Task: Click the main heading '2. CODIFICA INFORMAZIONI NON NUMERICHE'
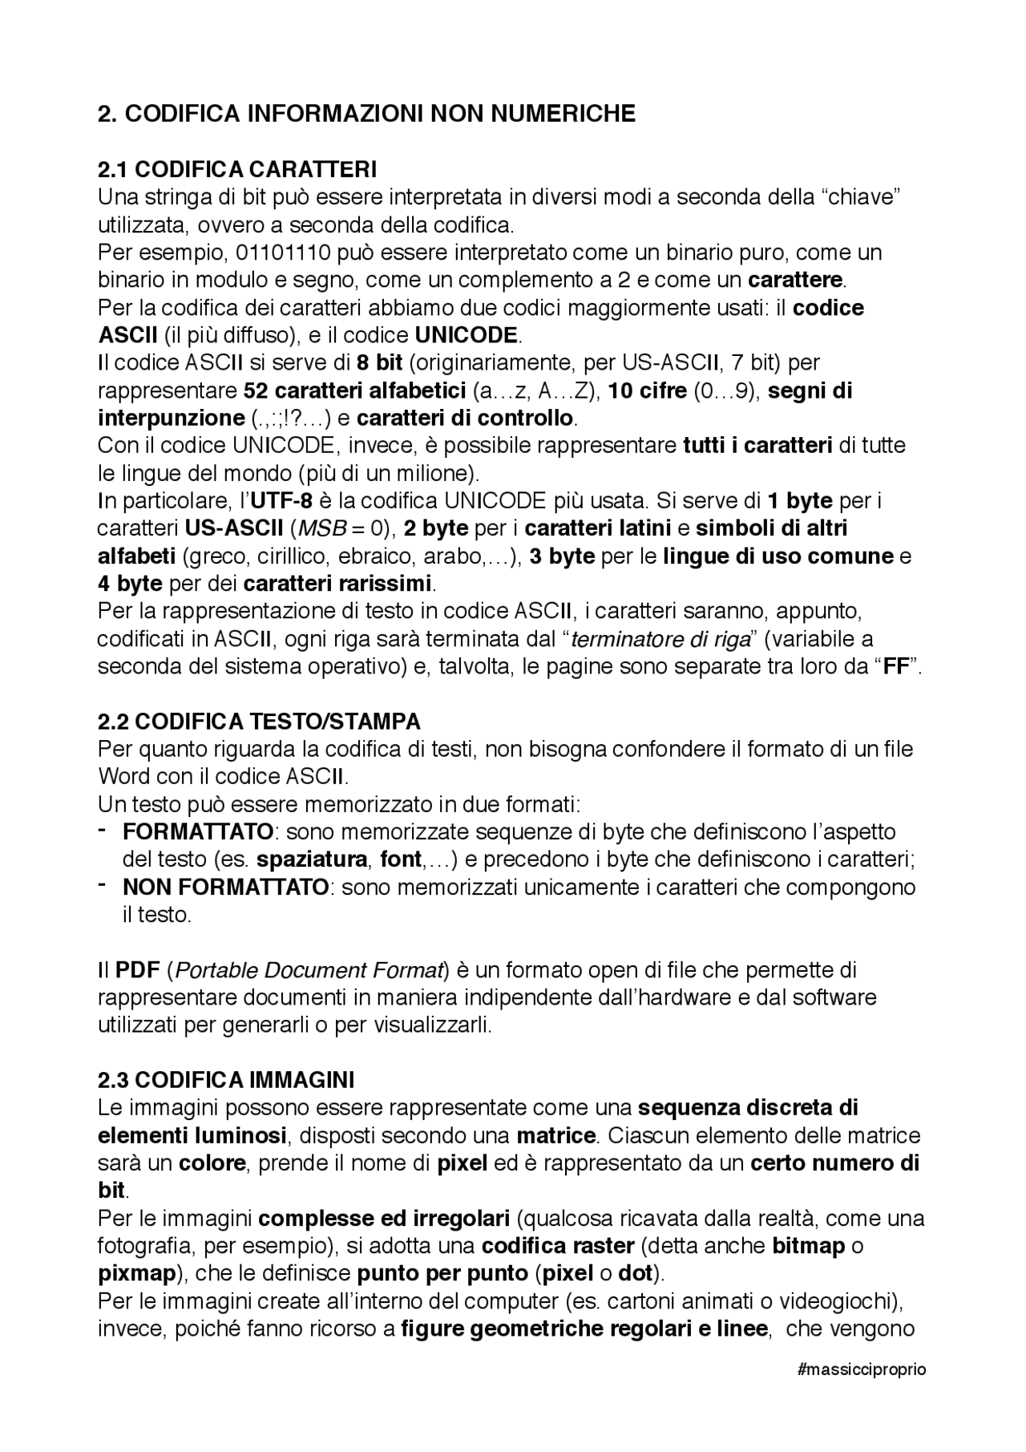pyautogui.click(x=366, y=114)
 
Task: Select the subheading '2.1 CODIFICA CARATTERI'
pyautogui.click(x=237, y=170)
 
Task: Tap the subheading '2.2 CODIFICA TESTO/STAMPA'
pyautogui.click(x=259, y=722)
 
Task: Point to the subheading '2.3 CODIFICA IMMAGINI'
pyautogui.click(x=226, y=1080)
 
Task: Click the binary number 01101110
pyautogui.click(x=283, y=253)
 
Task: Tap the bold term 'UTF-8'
pyautogui.click(x=281, y=501)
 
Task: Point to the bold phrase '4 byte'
pyautogui.click(x=130, y=584)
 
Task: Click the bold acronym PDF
pyautogui.click(x=139, y=971)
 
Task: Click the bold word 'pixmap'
pyautogui.click(x=136, y=1273)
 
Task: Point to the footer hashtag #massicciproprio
pyautogui.click(x=862, y=1369)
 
